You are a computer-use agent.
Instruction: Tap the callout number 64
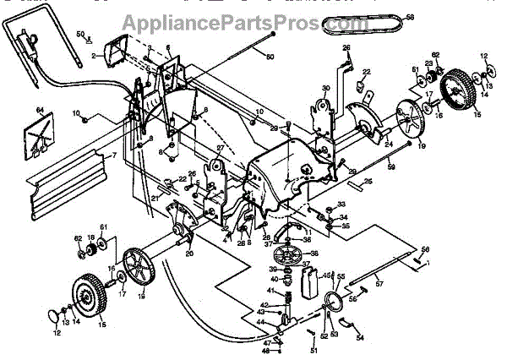click(x=39, y=110)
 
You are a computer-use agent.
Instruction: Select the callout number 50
click(x=80, y=34)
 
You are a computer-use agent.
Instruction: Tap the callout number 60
click(x=270, y=57)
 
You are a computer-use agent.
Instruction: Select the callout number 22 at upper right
click(x=367, y=71)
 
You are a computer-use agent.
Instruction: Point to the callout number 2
click(x=97, y=55)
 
